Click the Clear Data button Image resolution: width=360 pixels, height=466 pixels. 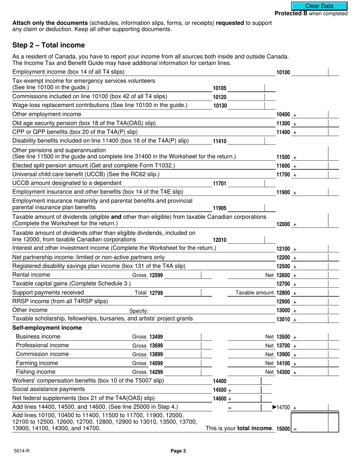click(319, 6)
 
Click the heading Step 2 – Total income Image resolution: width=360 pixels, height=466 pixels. click(49, 45)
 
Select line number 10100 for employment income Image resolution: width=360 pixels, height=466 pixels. click(283, 72)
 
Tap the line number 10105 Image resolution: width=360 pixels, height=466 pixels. click(220, 88)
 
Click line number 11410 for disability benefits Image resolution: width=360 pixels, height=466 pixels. click(220, 141)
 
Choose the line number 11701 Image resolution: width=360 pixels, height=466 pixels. click(220, 184)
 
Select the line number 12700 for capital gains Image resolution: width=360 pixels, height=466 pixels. click(283, 284)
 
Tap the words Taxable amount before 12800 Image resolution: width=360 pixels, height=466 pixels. click(255, 293)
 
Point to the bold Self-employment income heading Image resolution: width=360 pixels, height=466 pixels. click(47, 328)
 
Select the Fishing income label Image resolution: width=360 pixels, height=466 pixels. click(35, 372)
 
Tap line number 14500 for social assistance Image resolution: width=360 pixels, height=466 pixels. click(220, 390)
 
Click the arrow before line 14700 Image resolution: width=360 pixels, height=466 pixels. click(275, 407)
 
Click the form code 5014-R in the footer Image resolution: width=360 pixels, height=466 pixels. click(20, 451)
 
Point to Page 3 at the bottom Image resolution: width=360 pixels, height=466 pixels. click(178, 451)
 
